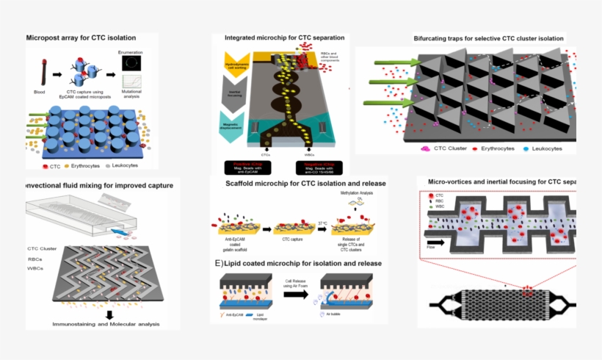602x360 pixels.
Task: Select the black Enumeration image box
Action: (x=133, y=64)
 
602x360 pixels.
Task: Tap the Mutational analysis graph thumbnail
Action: (x=133, y=84)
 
